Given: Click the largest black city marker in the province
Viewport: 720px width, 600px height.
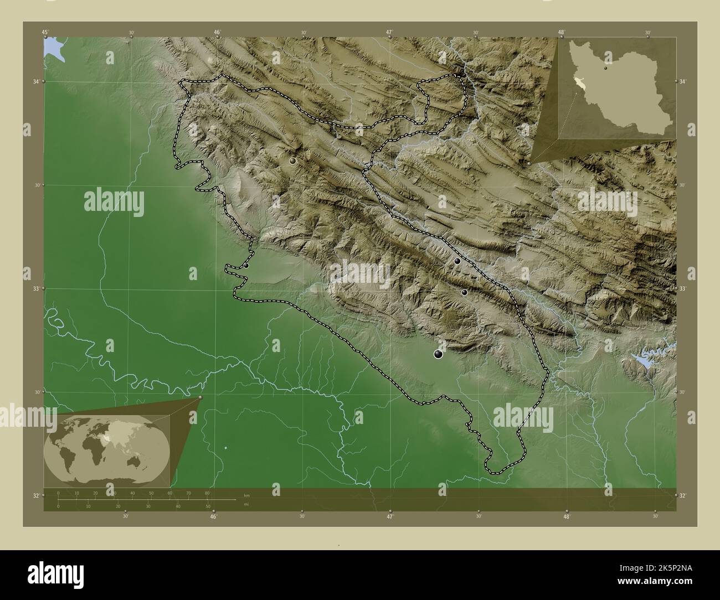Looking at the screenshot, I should (x=439, y=354).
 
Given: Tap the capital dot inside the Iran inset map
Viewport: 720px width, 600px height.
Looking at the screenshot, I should (x=606, y=69).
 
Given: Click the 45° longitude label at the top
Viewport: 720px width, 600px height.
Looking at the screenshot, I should (x=45, y=33).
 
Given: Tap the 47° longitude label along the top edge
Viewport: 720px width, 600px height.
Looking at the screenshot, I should (x=390, y=33).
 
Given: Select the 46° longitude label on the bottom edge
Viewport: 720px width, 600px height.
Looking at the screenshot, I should (x=213, y=517).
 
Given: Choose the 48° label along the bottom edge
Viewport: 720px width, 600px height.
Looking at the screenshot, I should (x=567, y=517).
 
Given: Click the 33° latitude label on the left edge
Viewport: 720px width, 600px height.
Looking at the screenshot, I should (x=36, y=289).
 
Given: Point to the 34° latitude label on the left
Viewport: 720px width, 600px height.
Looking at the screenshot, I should (x=36, y=82).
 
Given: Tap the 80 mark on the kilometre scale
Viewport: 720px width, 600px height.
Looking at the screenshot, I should (x=207, y=493).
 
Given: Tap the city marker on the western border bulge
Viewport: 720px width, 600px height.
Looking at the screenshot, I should (x=246, y=266).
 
